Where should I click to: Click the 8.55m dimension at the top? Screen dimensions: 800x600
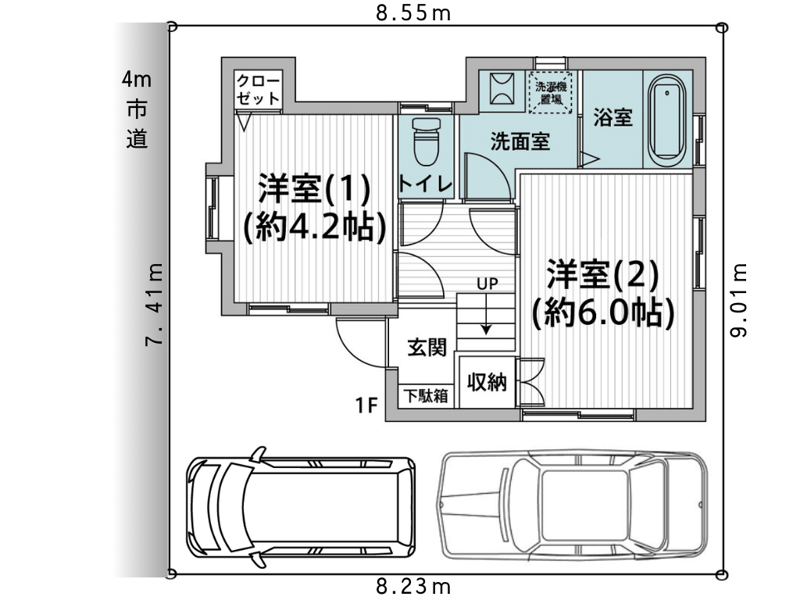(x=413, y=12)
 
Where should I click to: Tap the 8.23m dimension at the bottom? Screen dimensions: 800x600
(x=413, y=586)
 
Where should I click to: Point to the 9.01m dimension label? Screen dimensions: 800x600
(x=738, y=300)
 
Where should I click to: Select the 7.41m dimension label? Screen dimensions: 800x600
(x=154, y=304)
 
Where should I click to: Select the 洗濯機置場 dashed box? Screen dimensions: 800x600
(x=551, y=92)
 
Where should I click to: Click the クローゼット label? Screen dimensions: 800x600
(x=258, y=89)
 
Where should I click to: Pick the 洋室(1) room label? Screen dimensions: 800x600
(x=314, y=189)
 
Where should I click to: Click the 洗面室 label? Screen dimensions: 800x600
(x=520, y=141)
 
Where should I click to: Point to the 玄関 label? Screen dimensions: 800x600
(x=427, y=347)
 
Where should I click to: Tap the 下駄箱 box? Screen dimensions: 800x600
(x=426, y=396)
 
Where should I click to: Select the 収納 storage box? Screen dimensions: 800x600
(x=487, y=381)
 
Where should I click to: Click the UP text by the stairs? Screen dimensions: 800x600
(x=487, y=284)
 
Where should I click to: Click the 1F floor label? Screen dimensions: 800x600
(x=366, y=405)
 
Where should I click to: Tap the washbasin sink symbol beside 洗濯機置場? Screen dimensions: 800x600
(x=502, y=91)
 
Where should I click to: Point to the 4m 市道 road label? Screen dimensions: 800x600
(x=137, y=109)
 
